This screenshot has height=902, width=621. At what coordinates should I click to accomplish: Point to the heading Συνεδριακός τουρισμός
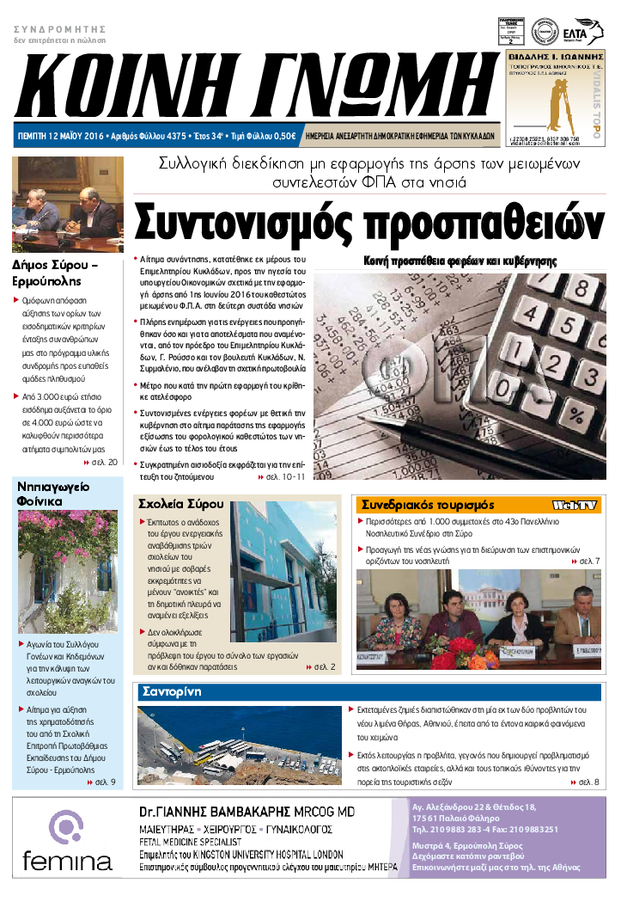[429, 505]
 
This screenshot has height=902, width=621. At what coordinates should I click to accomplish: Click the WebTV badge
[575, 505]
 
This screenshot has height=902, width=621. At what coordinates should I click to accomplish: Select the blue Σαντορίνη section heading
[173, 692]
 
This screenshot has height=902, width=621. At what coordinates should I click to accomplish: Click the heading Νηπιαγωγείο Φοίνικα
[53, 494]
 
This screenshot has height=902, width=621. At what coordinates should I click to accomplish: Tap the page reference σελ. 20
[105, 463]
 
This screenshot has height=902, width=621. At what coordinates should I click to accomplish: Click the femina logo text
[68, 859]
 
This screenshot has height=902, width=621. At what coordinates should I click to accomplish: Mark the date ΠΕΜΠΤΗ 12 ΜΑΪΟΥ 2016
[60, 136]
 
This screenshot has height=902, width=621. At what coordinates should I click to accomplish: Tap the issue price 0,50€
[282, 136]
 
